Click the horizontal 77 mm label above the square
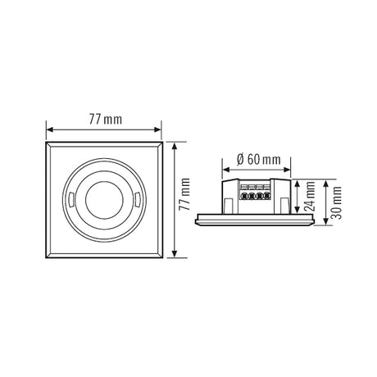[106, 120]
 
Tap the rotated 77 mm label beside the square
[184, 194]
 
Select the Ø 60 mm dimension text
[259, 160]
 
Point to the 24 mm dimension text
[310, 196]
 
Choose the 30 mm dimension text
[336, 202]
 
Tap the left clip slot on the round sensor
[71, 200]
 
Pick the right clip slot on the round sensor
[138, 200]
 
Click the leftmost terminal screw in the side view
[243, 196]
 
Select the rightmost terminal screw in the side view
[266, 196]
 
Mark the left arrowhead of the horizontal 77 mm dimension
[49, 129]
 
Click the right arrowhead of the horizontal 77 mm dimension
[158, 129]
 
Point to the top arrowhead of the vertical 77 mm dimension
[175, 146]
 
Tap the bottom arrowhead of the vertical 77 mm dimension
[175, 254]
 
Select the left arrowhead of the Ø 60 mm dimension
[226, 170]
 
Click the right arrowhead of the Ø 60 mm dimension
[287, 170]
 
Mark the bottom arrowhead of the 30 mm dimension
[325, 221]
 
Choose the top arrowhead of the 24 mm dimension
[297, 183]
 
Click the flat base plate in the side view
[255, 220]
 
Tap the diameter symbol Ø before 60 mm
[240, 160]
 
